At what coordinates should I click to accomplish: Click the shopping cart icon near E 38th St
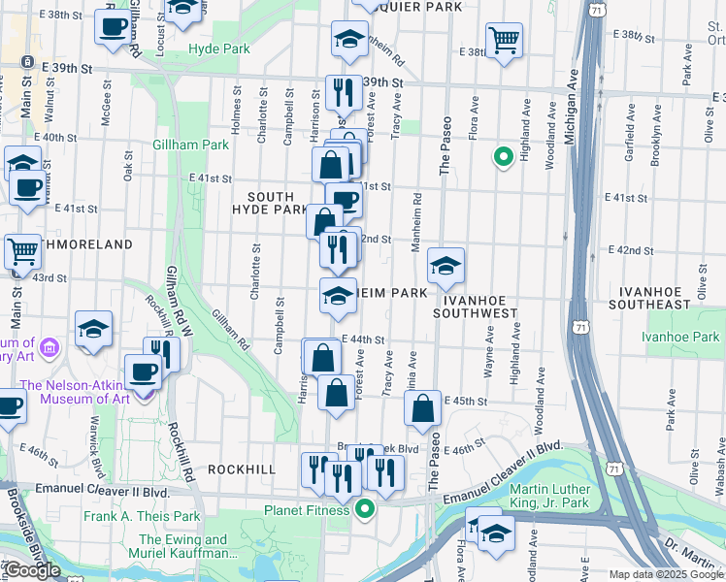tap(504, 41)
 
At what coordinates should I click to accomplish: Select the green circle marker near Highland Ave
tap(503, 156)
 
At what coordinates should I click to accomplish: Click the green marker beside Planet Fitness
tap(365, 508)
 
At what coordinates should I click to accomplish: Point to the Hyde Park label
tap(219, 48)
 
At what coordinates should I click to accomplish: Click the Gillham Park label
tap(190, 145)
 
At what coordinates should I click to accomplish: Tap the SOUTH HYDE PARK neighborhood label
tap(270, 202)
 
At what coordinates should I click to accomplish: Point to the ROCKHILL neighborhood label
tap(242, 469)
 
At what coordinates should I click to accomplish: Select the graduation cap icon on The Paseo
tap(445, 267)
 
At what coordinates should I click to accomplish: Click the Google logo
tap(32, 570)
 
